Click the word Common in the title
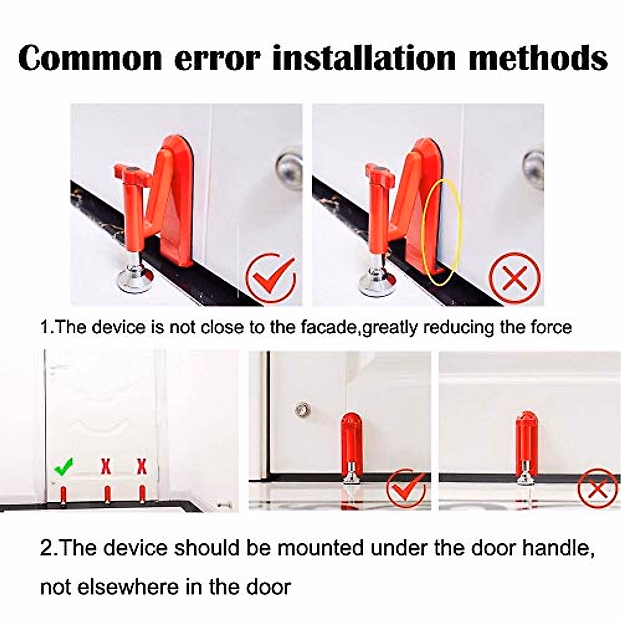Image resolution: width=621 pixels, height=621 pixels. tap(91, 58)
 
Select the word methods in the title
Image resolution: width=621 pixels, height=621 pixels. tap(538, 58)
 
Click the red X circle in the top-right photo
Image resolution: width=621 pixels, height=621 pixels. tap(514, 278)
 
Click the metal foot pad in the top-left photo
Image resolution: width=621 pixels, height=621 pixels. tap(134, 279)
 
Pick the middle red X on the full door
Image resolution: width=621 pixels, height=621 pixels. tap(106, 466)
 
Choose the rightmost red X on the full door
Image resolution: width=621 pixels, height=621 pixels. tap(141, 466)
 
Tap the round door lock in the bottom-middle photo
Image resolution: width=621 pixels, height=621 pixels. tap(301, 410)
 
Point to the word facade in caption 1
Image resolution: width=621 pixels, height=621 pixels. tap(334, 328)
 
